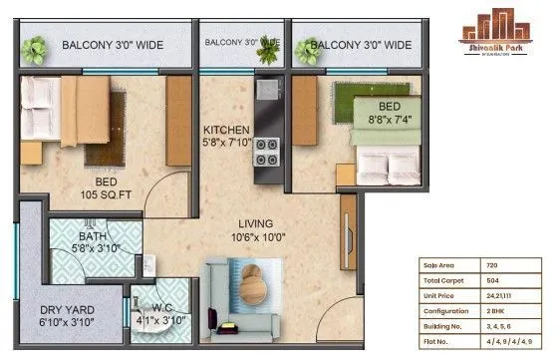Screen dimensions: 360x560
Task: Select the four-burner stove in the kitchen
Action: tap(267, 152)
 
